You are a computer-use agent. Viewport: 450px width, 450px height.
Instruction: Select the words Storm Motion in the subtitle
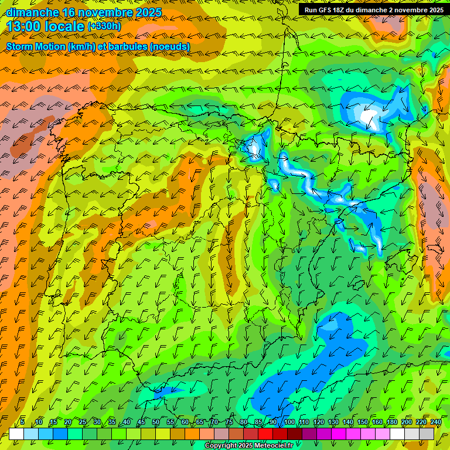35,46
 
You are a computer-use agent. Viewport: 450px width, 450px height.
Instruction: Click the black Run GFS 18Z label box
373,10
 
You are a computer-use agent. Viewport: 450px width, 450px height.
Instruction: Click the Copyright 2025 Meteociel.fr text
248,446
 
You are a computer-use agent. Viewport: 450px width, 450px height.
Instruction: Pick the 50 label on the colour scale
156,422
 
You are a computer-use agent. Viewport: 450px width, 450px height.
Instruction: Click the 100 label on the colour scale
289,422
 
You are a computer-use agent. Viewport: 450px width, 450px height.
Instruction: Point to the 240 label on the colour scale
436,422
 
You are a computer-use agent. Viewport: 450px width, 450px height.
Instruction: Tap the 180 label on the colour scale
392,422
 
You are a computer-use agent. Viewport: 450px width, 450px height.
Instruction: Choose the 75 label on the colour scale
230,422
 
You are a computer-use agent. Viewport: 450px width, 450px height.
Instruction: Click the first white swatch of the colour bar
16,434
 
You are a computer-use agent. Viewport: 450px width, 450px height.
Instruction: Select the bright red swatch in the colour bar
266,434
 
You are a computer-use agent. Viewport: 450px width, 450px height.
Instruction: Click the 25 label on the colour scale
83,422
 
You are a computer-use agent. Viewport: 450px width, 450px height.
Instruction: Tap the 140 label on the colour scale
348,422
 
